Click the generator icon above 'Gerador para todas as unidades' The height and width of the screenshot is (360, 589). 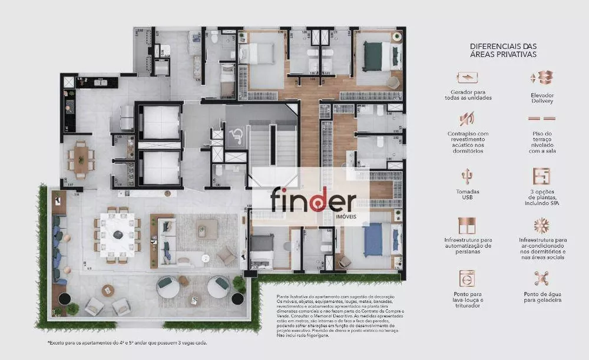pos(467,77)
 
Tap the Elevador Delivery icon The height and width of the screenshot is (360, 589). pos(541,77)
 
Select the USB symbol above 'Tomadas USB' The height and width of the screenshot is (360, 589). pos(467,176)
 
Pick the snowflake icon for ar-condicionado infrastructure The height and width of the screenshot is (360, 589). pos(541,226)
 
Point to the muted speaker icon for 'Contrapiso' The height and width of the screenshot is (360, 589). pos(467,120)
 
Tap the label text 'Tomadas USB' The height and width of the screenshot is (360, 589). pos(467,195)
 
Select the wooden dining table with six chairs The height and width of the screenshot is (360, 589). pos(80,157)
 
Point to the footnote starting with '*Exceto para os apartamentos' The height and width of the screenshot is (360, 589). pos(127,342)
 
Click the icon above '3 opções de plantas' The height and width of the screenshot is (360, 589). pos(541,176)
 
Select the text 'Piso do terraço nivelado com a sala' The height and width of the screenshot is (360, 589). pos(542,142)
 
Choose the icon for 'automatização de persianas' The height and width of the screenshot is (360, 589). pos(467,226)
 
